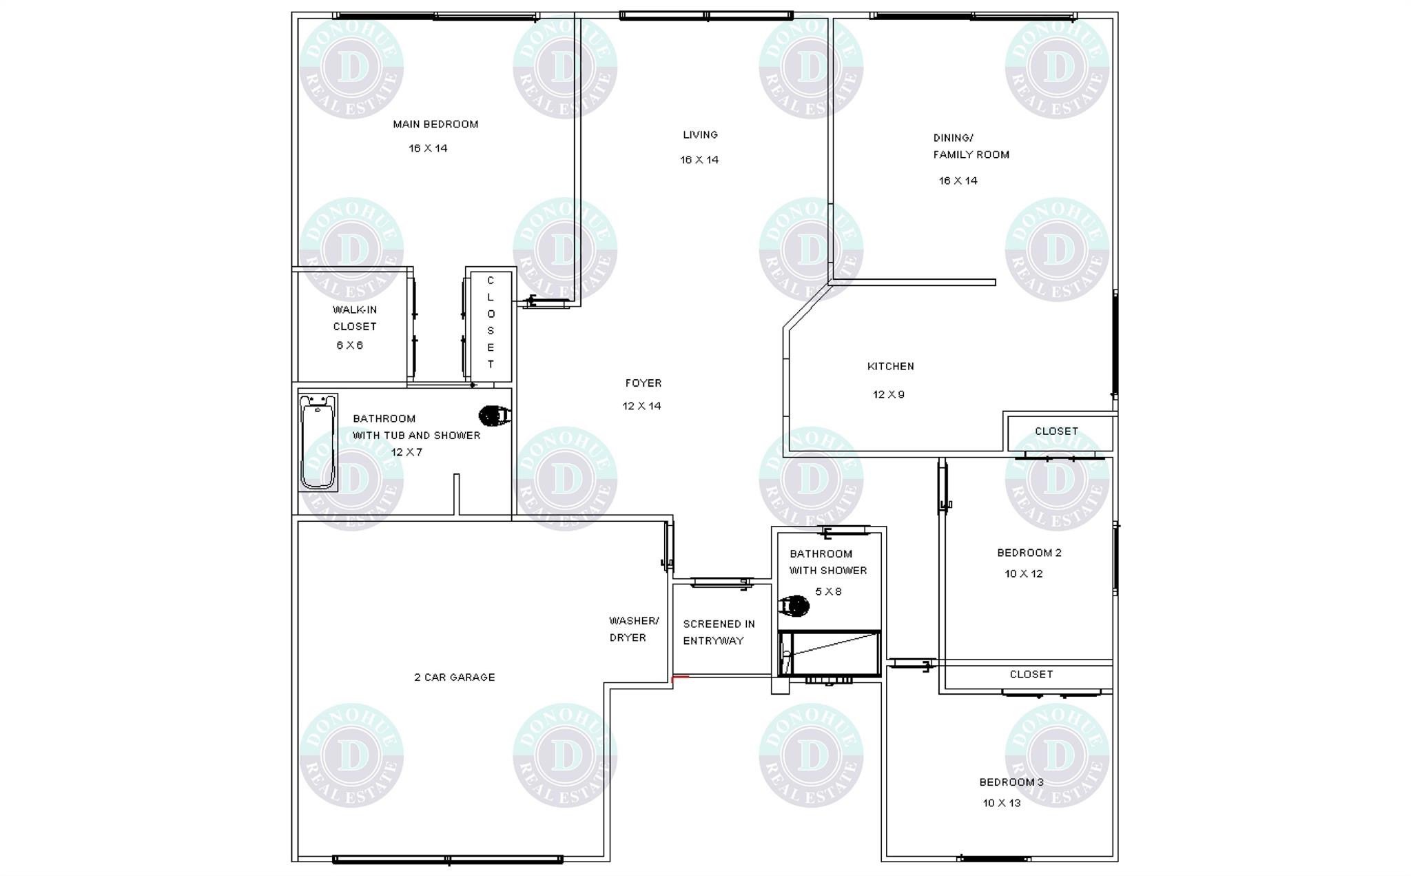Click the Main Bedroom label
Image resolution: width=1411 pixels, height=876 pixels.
pos(435,125)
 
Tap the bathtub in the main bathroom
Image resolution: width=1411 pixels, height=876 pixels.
pos(318,442)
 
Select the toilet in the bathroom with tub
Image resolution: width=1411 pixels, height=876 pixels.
pos(495,416)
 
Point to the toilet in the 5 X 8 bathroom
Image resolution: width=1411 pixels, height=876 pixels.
pos(794,607)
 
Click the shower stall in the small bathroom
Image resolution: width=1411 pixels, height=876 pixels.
pos(830,653)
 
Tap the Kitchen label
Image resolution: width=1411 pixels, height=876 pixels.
pos(891,367)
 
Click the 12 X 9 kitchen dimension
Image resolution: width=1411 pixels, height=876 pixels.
pos(889,395)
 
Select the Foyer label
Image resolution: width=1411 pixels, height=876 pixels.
pos(643,383)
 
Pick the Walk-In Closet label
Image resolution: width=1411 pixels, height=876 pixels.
pos(355,318)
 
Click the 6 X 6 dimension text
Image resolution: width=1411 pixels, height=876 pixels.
pos(349,345)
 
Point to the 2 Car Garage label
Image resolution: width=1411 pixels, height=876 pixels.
pos(455,678)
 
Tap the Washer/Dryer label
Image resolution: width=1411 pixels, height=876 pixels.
pos(634,629)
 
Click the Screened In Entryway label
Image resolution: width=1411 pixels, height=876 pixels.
pos(719,633)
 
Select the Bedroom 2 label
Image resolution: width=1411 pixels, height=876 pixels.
pos(1029,553)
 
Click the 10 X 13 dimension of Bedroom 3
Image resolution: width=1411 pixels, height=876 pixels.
pos(1002,803)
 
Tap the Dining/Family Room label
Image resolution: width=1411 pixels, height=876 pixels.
pos(971,146)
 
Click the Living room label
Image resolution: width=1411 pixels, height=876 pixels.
pos(700,135)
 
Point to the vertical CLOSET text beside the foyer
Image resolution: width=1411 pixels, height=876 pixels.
pos(491,323)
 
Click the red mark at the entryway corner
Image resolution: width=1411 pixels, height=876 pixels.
pos(679,678)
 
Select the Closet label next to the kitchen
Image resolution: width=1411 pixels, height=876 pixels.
pos(1056,431)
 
